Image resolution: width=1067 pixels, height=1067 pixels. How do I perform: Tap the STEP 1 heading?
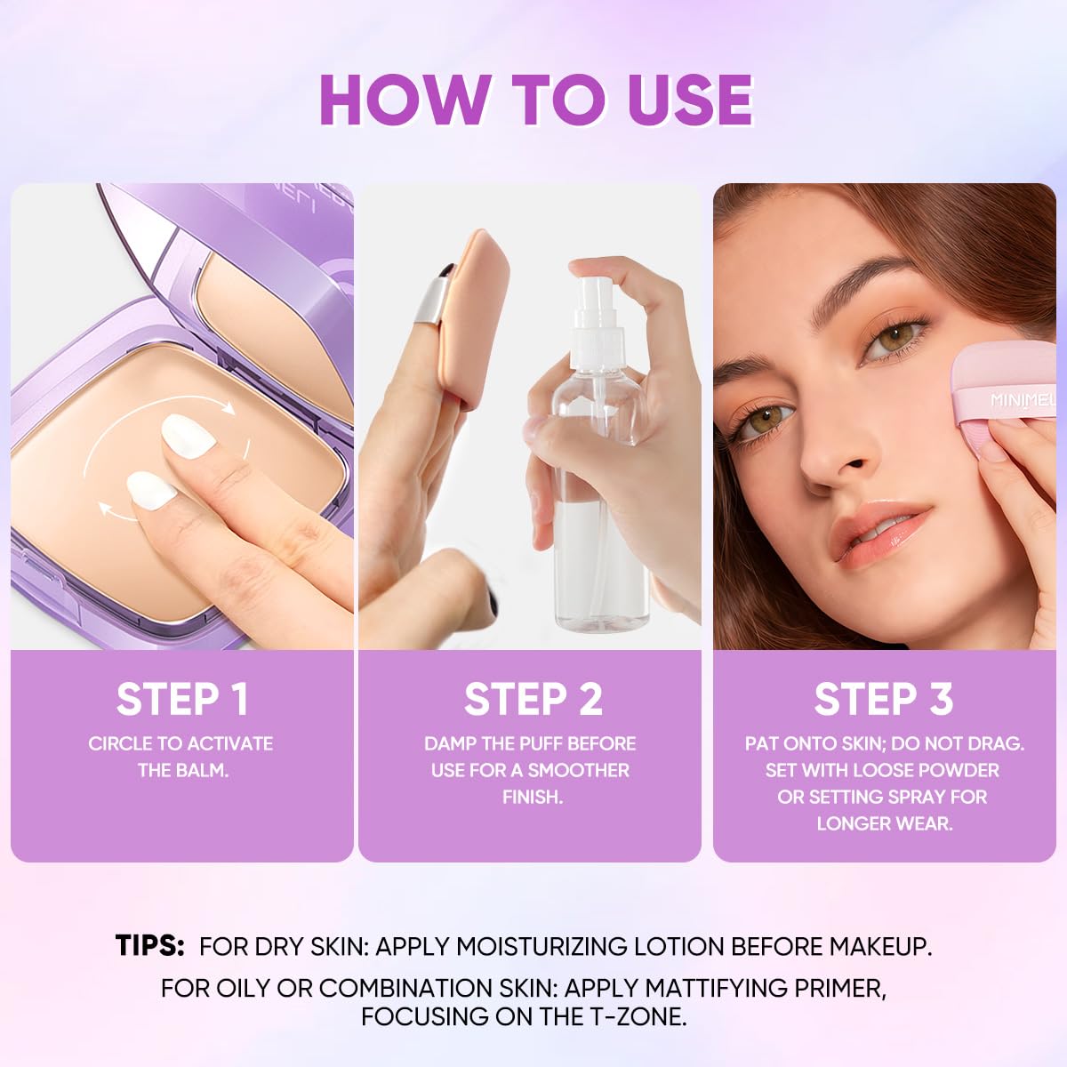click(182, 700)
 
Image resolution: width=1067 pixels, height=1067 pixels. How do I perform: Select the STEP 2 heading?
click(533, 700)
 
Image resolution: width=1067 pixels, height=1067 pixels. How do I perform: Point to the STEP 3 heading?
click(884, 700)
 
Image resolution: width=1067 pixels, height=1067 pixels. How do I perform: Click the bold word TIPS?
click(149, 945)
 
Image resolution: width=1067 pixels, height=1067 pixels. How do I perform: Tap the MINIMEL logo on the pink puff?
click(1023, 400)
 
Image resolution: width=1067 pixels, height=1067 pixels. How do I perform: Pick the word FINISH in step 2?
click(532, 797)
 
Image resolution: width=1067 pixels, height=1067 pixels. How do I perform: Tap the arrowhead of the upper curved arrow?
click(229, 408)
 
